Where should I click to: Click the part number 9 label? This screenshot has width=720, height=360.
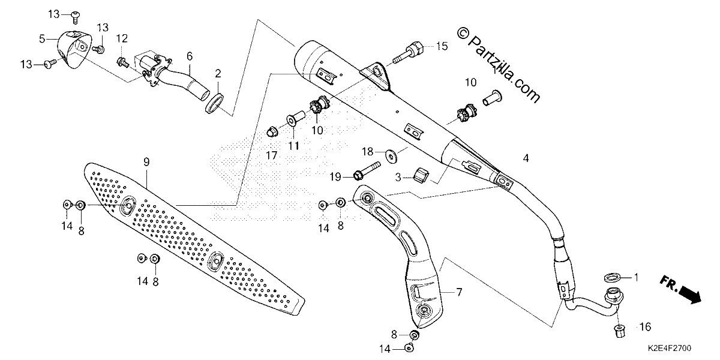[x=146, y=162]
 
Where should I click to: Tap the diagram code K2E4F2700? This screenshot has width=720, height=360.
[x=669, y=348]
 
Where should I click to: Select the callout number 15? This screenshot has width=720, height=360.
[x=442, y=46]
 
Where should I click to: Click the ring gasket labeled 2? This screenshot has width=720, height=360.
[x=214, y=103]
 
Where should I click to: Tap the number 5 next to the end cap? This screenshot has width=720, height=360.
[x=42, y=39]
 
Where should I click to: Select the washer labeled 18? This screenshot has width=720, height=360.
[x=391, y=156]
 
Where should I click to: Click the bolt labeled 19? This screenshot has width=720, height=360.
[x=367, y=171]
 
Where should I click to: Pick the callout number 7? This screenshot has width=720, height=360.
[x=459, y=292]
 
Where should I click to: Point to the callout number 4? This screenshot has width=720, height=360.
[x=526, y=158]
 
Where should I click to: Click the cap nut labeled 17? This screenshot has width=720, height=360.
[x=272, y=131]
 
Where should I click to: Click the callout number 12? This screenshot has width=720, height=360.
[x=122, y=38]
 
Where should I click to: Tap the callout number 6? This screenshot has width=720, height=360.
[x=190, y=56]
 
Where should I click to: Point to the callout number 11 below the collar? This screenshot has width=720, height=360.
[x=293, y=146]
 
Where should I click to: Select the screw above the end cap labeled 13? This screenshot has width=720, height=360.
[x=75, y=17]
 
